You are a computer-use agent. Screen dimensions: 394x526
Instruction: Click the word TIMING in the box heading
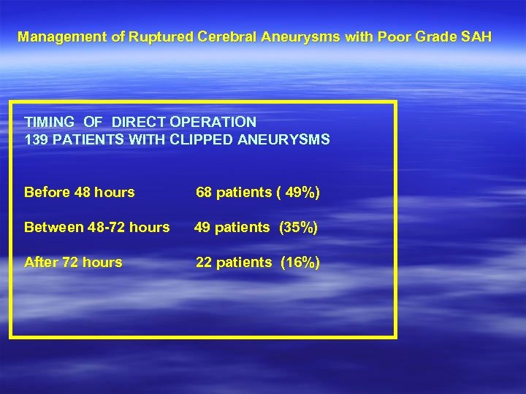coord(50,123)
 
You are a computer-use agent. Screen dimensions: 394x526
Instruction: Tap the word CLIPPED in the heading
coord(202,139)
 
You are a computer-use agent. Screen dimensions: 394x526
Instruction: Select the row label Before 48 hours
coord(80,193)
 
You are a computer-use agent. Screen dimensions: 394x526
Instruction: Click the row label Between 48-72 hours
coord(96,228)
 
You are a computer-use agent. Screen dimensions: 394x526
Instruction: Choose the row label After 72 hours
coord(73,263)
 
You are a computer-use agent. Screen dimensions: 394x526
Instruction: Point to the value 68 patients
coord(233,193)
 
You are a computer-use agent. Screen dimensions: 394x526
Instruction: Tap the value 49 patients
coord(231,228)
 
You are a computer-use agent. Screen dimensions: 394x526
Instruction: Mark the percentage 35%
coord(298,228)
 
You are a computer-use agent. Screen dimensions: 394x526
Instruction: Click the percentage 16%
coord(300,263)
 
